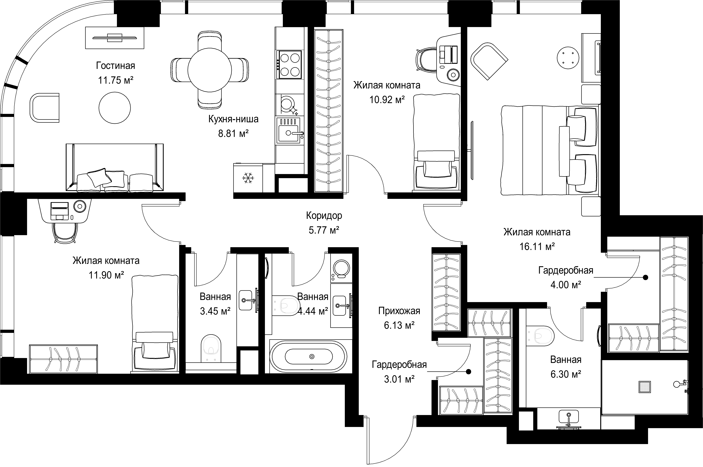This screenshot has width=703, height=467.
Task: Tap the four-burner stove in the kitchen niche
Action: [289, 65]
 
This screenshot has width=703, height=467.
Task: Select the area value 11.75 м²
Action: [116, 80]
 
